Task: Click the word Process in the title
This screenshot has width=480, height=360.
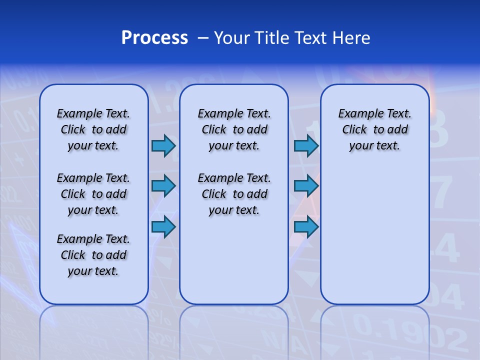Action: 154,38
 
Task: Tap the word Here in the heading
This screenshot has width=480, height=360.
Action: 350,38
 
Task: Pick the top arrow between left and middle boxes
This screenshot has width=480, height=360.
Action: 163,145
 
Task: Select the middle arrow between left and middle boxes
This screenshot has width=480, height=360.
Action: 163,186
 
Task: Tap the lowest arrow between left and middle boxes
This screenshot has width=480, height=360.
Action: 163,227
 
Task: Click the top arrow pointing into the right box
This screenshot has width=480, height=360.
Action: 306,145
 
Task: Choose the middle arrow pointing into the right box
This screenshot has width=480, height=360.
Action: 306,186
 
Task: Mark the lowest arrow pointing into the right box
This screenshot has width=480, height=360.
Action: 306,227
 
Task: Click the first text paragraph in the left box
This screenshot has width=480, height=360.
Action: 93,129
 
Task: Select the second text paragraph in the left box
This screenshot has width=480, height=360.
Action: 93,194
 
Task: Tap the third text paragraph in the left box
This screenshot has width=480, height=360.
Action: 93,255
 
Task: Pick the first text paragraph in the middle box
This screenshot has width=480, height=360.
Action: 234,129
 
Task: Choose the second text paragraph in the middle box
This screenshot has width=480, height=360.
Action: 234,194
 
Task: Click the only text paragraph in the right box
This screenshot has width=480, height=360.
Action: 375,129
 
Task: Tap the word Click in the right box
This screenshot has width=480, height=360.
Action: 354,130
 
